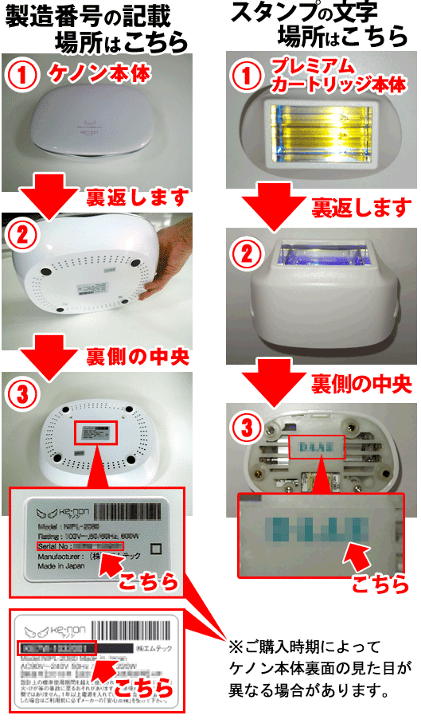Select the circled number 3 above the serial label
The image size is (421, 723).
(24, 394)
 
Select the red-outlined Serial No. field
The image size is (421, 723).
(80, 548)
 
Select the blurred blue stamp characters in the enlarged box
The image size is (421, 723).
(318, 528)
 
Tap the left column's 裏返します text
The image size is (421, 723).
(140, 196)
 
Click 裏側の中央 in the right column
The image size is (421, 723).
(361, 384)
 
